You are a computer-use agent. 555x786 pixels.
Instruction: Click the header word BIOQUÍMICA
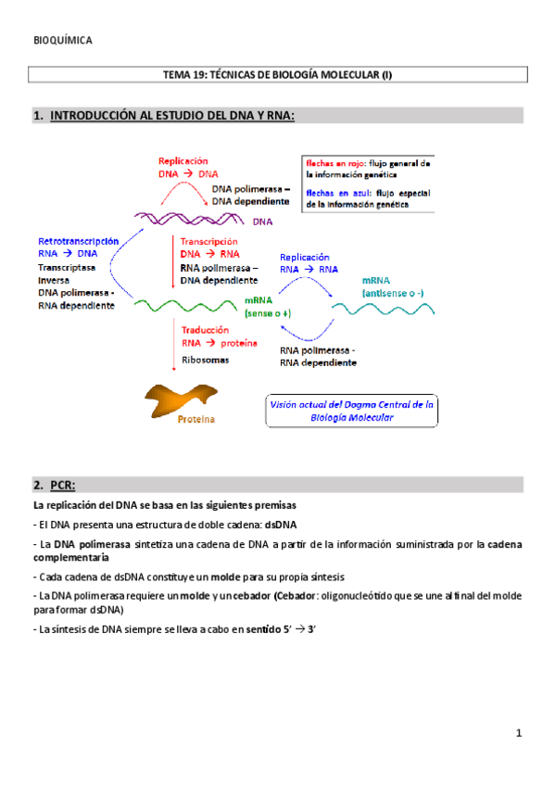click(62, 41)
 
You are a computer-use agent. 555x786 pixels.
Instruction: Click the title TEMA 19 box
click(277, 74)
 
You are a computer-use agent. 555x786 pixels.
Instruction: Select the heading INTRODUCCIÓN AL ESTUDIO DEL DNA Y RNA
click(172, 116)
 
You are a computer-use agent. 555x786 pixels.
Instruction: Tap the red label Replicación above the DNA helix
click(183, 160)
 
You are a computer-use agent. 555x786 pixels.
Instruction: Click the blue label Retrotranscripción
click(79, 240)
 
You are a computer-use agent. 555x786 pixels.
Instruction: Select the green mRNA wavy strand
click(185, 304)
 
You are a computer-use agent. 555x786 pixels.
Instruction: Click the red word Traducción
click(207, 329)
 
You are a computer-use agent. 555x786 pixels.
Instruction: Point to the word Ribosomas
click(205, 360)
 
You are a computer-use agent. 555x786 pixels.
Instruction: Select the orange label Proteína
click(196, 420)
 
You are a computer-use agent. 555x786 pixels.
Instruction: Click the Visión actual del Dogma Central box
click(352, 411)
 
